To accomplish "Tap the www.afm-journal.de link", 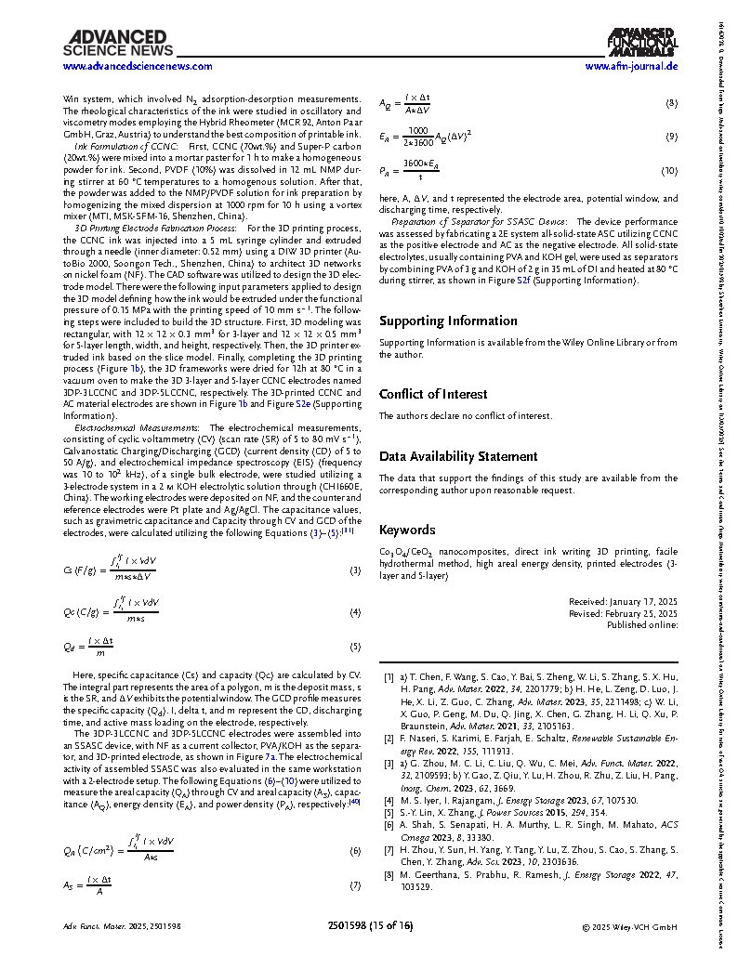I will coord(631,67).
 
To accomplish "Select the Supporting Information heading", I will coord(448,321).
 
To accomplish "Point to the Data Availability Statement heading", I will coord(458,456).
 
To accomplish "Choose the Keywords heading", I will coord(407,530).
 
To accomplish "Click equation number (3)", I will coord(355,570).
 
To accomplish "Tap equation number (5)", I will coord(355,647).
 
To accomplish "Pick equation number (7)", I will coord(355,886).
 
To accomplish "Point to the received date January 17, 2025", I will coord(623,601).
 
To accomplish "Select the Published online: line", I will coord(642,625).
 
